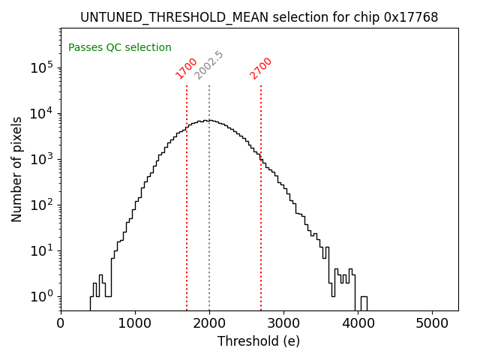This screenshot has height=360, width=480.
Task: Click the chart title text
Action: pyautogui.click(x=259, y=17)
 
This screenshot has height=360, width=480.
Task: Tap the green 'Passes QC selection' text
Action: pyautogui.click(x=120, y=47)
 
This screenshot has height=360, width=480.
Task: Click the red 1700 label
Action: pyautogui.click(x=186, y=68)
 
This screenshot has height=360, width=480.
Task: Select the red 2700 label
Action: pyautogui.click(x=261, y=68)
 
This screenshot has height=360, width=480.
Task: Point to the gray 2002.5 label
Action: pyautogui.click(x=208, y=65)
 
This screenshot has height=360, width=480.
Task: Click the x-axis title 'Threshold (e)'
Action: pyautogui.click(x=259, y=341)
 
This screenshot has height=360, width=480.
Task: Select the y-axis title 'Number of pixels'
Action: pyautogui.click(x=17, y=169)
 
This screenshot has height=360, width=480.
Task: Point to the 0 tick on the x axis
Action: pyautogui.click(x=61, y=322)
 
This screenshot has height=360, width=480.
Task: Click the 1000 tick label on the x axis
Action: pyautogui.click(x=135, y=322)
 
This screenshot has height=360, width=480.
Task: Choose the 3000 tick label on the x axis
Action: pyautogui.click(x=283, y=322)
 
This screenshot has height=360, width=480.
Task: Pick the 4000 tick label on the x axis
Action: pyautogui.click(x=358, y=322)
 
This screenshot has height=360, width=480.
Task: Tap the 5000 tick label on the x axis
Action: pyautogui.click(x=432, y=322)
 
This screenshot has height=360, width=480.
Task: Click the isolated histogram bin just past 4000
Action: pyautogui.click(x=364, y=303)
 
